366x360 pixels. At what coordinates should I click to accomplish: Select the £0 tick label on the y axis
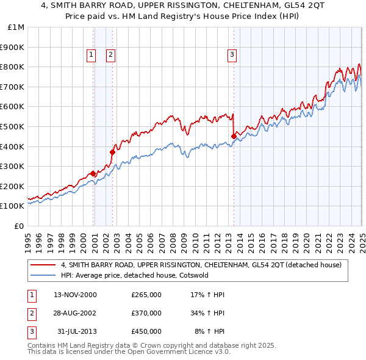coord(19,226)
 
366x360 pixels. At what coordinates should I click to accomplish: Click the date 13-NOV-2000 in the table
coord(75,295)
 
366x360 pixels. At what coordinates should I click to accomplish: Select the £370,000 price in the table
coord(146,313)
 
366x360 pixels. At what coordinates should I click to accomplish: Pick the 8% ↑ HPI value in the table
coord(209,331)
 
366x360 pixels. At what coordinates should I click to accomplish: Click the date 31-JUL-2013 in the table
coord(76,331)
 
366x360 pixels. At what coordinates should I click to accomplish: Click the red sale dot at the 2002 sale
coord(113,152)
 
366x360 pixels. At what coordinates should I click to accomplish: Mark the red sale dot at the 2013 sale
coord(234,136)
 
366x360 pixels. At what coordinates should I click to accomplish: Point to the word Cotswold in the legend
coord(193,275)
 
